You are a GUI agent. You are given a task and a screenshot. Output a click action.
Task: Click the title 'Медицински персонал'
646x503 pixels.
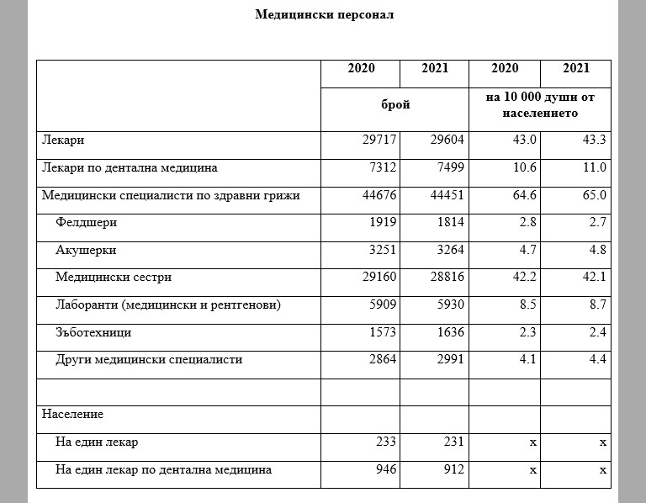pyautogui.click(x=324, y=14)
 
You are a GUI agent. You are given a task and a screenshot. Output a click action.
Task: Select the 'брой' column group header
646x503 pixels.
pyautogui.click(x=395, y=104)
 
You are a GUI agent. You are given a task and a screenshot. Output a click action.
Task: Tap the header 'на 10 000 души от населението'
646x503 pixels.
pyautogui.click(x=540, y=104)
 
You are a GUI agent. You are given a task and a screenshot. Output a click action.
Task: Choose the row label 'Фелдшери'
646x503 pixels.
pyautogui.click(x=86, y=223)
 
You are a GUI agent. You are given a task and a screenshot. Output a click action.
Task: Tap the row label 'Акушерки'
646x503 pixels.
pyautogui.click(x=86, y=250)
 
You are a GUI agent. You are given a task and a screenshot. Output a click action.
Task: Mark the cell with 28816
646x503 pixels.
pyautogui.click(x=447, y=277)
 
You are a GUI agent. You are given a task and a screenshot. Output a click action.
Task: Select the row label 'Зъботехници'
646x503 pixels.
pyautogui.click(x=93, y=332)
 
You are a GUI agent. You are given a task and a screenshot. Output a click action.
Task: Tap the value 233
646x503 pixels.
pyautogui.click(x=384, y=442)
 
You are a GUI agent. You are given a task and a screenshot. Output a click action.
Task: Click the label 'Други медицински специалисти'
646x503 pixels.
pyautogui.click(x=148, y=359)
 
